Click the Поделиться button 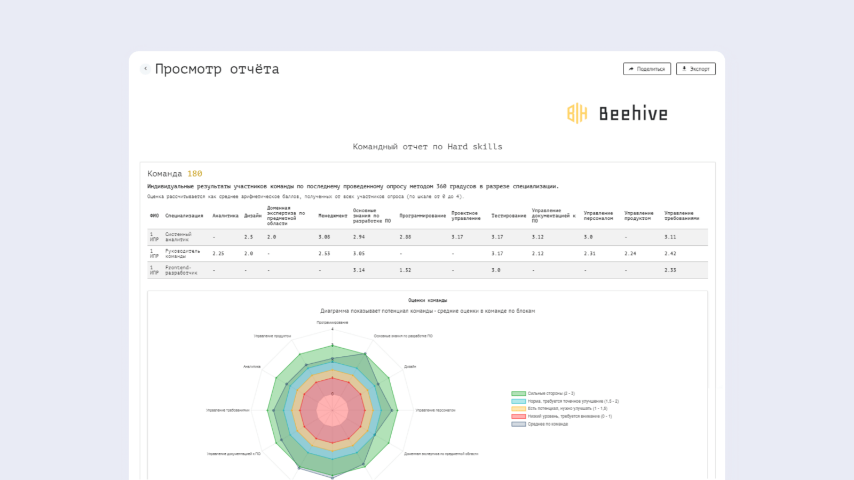click(x=647, y=69)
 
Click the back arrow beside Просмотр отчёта click(x=145, y=69)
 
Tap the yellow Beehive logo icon click(x=577, y=113)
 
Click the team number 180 click(x=195, y=174)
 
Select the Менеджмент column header click(x=333, y=216)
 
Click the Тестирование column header click(x=509, y=216)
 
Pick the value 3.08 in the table click(x=324, y=237)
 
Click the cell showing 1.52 click(x=405, y=270)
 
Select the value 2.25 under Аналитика click(x=218, y=254)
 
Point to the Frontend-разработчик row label click(x=181, y=270)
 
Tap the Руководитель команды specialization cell click(x=182, y=254)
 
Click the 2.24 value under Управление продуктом click(x=630, y=254)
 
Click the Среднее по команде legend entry click(x=547, y=424)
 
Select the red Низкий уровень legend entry click(x=569, y=417)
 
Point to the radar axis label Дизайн click(x=410, y=367)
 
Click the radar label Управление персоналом click(x=436, y=411)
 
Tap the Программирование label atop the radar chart click(x=332, y=323)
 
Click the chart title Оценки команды click(x=428, y=301)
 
